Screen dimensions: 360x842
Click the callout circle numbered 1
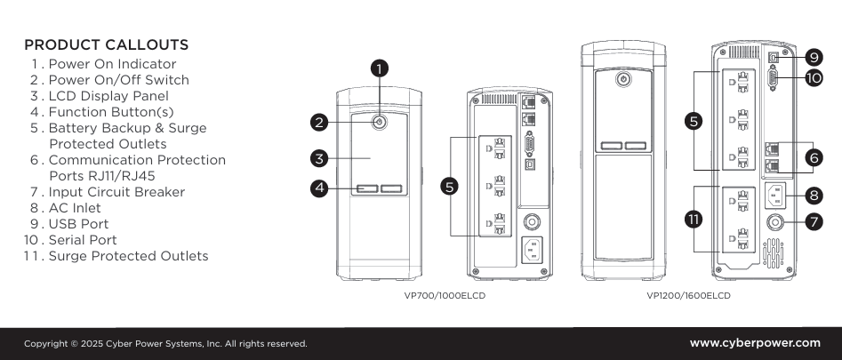[x=380, y=68]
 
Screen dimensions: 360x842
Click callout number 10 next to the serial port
[x=814, y=78]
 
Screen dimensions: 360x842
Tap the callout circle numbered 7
[x=814, y=220]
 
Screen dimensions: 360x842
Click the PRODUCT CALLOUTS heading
[x=106, y=44]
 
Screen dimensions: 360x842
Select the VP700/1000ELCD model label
[x=444, y=295]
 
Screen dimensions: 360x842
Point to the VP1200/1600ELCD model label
[x=689, y=295]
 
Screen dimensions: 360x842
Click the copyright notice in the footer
[x=165, y=343]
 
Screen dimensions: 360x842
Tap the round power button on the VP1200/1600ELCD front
[x=622, y=78]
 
